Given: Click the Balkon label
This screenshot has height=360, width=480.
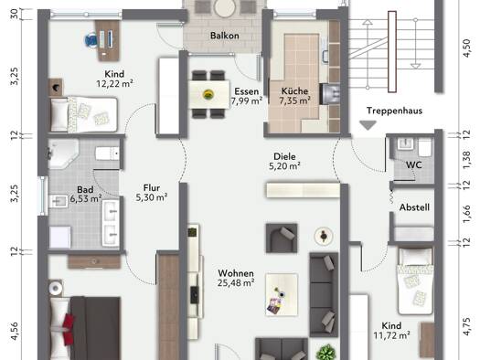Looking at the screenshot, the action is click(224, 36).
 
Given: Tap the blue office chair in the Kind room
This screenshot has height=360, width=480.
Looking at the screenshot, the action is click(91, 40).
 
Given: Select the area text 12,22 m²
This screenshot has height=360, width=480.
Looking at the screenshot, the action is click(114, 83).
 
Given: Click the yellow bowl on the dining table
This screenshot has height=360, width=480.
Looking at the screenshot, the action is click(208, 94).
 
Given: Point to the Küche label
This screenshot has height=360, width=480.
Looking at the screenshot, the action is click(294, 90).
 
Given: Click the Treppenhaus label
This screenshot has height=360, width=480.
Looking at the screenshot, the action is click(394, 111).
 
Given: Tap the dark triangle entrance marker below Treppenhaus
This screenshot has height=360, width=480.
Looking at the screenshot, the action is click(368, 125).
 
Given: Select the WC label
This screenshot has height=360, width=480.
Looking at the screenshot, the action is click(413, 165).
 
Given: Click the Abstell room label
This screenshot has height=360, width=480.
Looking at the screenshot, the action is click(414, 207).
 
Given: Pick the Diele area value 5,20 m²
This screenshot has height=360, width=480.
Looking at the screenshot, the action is click(284, 166).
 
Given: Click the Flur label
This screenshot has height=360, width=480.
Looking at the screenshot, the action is click(152, 188).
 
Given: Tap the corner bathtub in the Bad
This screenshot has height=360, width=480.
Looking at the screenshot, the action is click(62, 154).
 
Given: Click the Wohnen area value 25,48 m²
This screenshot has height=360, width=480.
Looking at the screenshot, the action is click(236, 283).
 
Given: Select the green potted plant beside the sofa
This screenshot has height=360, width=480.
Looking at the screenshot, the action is click(327, 352).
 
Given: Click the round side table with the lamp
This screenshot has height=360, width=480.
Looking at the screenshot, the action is click(324, 236).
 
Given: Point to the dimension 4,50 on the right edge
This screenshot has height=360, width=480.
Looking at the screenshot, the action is click(467, 48).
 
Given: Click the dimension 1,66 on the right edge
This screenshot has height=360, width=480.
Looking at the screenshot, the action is click(467, 214).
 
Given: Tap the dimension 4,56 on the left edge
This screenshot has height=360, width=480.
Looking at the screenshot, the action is click(14, 331).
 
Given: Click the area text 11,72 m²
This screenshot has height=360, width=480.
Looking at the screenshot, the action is click(391, 336).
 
